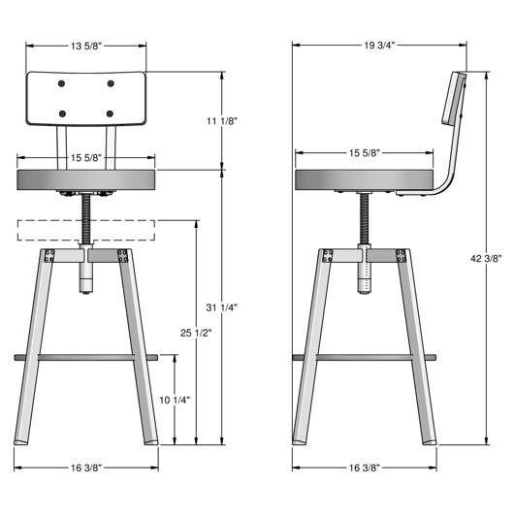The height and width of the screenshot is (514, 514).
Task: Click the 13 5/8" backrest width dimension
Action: coord(86,46)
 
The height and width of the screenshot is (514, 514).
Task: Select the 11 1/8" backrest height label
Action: coord(221,121)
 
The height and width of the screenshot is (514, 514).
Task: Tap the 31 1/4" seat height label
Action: coord(221,307)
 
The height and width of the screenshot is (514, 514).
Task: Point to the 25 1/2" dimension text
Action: coord(196,333)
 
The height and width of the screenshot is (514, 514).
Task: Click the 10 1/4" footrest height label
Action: coord(175,400)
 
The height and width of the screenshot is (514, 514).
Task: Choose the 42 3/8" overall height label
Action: coord(486,259)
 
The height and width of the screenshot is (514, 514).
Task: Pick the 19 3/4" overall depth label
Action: coord(379,46)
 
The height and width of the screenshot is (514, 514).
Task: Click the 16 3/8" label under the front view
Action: coord(86,467)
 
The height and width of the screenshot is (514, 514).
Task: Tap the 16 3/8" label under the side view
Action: coord(365,467)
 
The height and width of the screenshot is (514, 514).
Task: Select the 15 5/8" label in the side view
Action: coord(365,153)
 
